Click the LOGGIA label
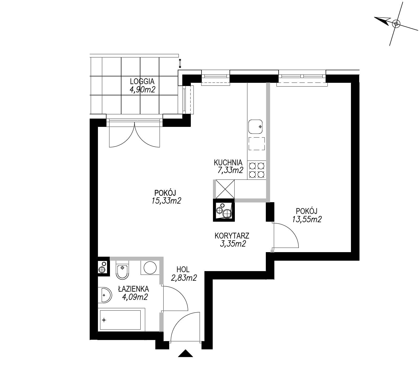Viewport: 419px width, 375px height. tap(142, 81)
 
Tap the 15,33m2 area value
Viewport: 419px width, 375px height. tap(166, 201)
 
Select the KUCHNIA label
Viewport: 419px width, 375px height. tap(228, 162)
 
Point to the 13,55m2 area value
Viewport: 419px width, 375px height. tap(307, 219)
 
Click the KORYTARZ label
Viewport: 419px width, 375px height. tap(232, 236)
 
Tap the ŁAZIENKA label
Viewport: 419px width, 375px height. tap(133, 289)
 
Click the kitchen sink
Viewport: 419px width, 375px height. tap(256, 127)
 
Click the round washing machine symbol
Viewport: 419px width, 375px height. tap(150, 268)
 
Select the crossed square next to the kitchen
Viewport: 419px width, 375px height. tap(225, 189)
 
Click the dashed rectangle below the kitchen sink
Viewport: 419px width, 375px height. tap(257, 144)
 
